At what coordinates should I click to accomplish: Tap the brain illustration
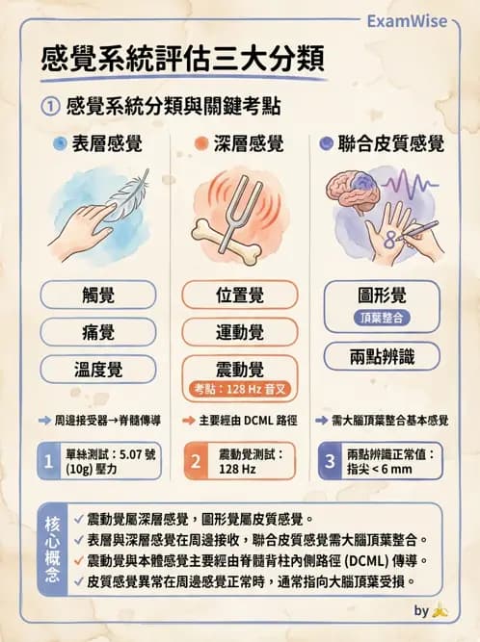click(358, 196)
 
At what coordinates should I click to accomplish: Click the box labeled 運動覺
click(240, 333)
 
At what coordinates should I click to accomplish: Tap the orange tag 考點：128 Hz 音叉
click(240, 390)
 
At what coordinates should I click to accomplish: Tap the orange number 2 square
click(195, 461)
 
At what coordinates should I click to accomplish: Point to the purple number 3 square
click(330, 461)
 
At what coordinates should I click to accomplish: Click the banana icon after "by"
click(440, 610)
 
